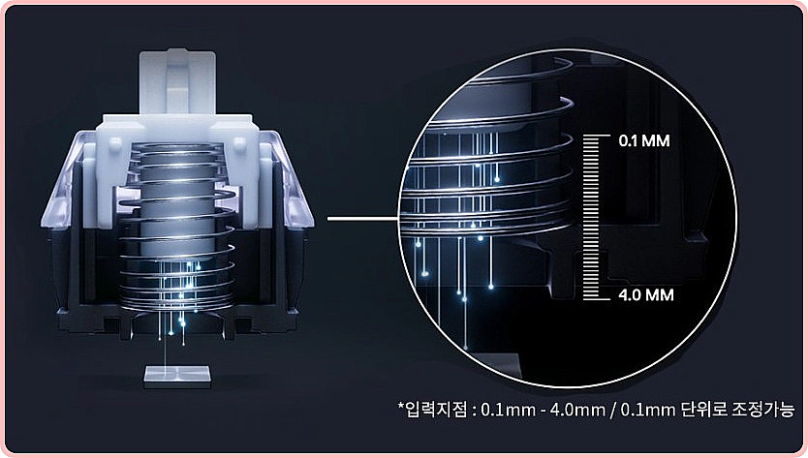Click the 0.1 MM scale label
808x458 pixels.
644,140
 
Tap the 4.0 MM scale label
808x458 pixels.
645,295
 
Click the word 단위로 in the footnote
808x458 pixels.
703,411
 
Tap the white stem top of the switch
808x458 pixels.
176,82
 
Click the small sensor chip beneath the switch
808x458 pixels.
177,377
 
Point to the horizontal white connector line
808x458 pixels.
362,219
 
